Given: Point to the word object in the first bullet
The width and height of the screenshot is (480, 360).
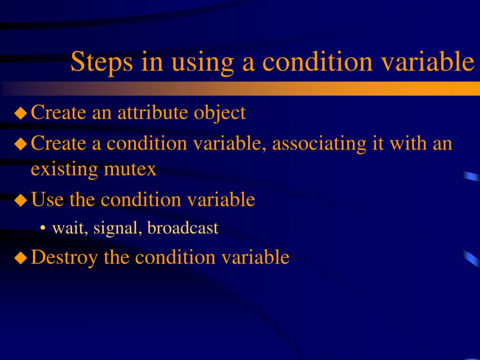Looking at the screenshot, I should [x=220, y=113].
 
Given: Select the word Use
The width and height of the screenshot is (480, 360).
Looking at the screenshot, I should [x=48, y=200].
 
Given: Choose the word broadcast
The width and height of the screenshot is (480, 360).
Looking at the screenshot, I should [x=183, y=228].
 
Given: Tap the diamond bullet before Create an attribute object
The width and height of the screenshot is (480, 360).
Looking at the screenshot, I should [x=21, y=113].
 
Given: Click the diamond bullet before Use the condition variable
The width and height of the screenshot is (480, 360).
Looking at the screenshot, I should [x=21, y=201].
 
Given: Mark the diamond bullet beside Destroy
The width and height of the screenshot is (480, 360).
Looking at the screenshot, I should [x=21, y=258].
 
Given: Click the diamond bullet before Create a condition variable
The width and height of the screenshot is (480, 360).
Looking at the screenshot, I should [x=21, y=143].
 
